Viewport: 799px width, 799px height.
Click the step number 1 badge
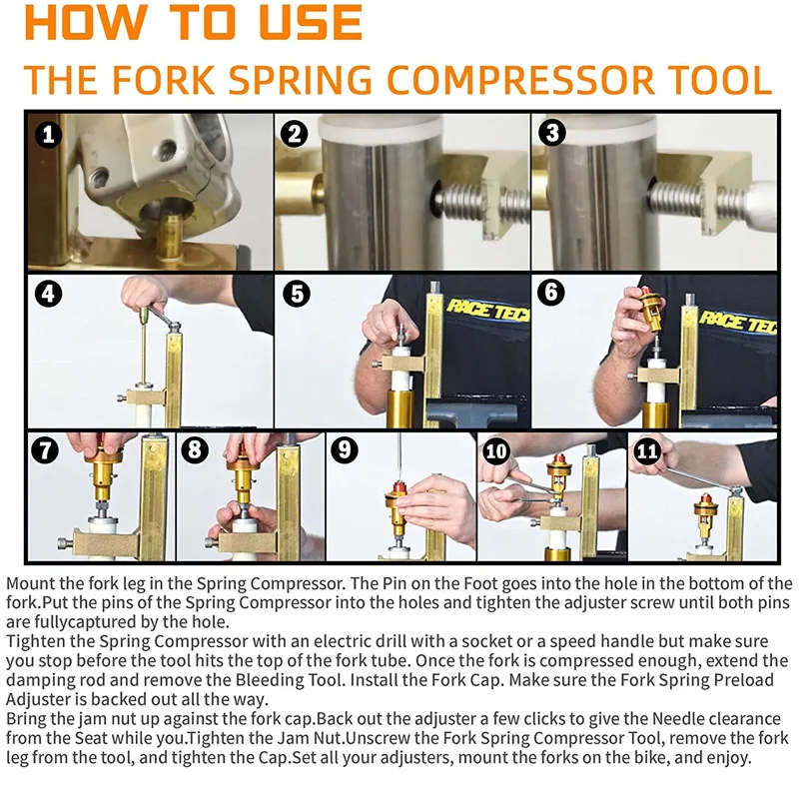(48, 135)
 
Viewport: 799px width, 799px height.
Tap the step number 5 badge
(297, 294)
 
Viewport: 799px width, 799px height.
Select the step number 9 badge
(345, 450)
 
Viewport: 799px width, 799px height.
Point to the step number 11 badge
(647, 451)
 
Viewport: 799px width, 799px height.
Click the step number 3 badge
(552, 133)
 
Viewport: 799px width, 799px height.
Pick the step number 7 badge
(45, 450)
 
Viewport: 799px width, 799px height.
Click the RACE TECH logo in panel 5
(488, 310)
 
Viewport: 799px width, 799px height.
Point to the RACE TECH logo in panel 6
(738, 322)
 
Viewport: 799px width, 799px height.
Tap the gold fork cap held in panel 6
(650, 309)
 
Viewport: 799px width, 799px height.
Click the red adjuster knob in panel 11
(705, 498)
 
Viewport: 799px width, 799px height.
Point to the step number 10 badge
(495, 451)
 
